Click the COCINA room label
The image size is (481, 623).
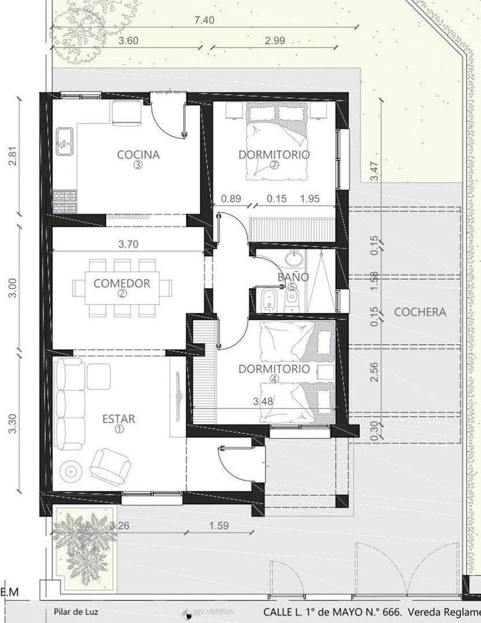(138, 154)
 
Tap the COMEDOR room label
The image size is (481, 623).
(122, 283)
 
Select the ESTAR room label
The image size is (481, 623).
(119, 418)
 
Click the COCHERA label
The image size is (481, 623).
(420, 311)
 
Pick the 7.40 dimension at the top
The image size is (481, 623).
(204, 20)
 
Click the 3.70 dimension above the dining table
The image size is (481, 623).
(128, 244)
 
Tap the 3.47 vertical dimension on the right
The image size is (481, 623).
(374, 171)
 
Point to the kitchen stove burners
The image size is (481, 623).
(64, 201)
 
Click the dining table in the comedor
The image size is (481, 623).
(122, 287)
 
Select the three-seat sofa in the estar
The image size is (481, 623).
(69, 404)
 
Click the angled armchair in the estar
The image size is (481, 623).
(110, 465)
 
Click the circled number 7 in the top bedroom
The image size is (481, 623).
(274, 165)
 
